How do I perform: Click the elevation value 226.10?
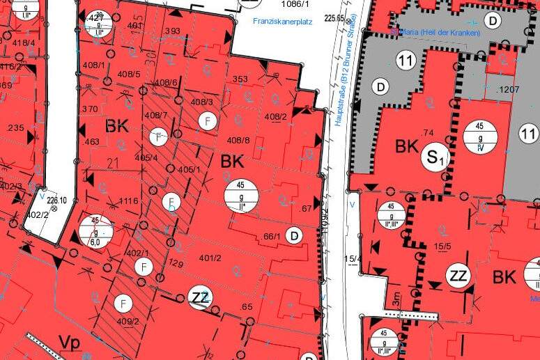click(56, 201)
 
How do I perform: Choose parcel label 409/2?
click(128, 322)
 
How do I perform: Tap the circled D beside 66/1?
click(295, 237)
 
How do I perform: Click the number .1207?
click(506, 90)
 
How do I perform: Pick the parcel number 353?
click(240, 79)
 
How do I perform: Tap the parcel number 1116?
click(128, 201)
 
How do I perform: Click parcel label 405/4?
click(146, 158)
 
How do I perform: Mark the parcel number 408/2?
click(276, 116)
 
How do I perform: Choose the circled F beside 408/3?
click(207, 121)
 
